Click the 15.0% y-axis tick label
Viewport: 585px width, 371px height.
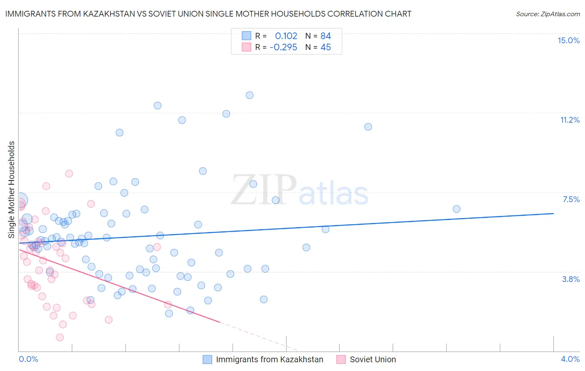[x=568, y=40]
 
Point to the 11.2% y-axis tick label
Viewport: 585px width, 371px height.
[x=570, y=120]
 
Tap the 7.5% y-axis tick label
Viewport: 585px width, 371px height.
[x=571, y=199]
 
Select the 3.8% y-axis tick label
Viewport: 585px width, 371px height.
[x=571, y=279]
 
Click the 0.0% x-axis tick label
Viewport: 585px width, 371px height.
[x=28, y=359]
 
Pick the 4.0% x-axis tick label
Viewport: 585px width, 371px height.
[x=570, y=359]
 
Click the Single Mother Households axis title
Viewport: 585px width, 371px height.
[x=11, y=190]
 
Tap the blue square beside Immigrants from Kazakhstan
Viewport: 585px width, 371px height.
[x=207, y=359]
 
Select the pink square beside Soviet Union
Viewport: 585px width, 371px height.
[x=341, y=359]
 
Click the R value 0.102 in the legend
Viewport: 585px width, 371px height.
[x=286, y=36]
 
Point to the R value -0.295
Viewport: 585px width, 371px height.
[x=283, y=47]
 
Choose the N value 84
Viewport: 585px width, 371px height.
[x=325, y=36]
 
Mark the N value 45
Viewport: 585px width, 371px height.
[x=325, y=47]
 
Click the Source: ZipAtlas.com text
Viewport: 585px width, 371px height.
[x=548, y=14]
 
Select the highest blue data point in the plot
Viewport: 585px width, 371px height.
[x=250, y=95]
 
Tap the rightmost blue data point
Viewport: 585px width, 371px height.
[x=456, y=209]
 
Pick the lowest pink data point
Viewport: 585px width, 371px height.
[x=60, y=337]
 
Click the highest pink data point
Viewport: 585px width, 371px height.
[x=69, y=173]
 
